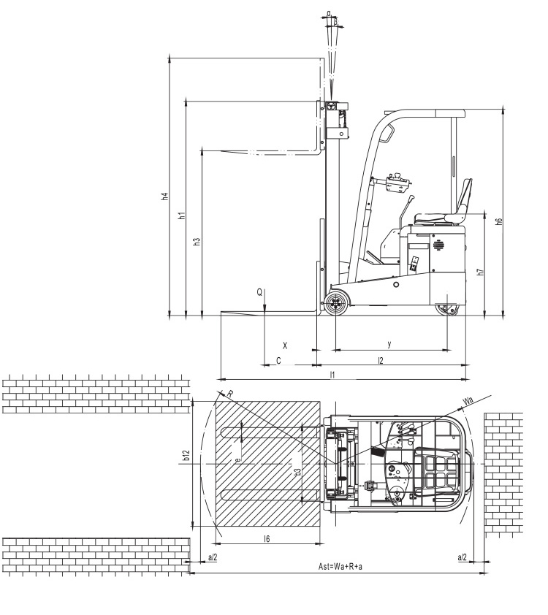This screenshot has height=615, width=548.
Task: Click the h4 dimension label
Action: click(166, 196)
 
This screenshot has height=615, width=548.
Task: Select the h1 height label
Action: click(181, 215)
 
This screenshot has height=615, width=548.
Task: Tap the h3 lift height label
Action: click(197, 241)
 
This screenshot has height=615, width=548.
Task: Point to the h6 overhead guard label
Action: click(498, 221)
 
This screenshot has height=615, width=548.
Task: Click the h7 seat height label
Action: click(481, 272)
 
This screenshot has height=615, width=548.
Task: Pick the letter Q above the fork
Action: click(259, 292)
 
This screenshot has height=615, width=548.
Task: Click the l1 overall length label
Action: click(332, 375)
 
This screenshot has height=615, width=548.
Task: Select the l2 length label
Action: click(380, 360)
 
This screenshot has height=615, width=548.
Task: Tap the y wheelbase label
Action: click(389, 344)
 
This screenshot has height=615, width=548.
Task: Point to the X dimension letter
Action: click(285, 345)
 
